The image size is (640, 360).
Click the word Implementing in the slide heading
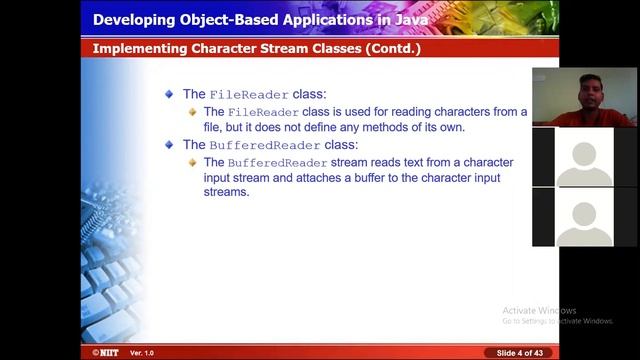tap(139, 48)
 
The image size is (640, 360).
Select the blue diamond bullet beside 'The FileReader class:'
tap(170, 94)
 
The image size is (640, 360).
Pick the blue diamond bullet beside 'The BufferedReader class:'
tap(170, 145)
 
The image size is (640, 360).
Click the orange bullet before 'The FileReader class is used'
tap(193, 112)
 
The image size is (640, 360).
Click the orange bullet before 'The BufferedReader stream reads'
tap(193, 162)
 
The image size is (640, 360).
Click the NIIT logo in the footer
tap(100, 353)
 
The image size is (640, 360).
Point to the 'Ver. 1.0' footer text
tap(142, 353)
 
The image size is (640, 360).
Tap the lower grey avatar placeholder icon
tap(584, 217)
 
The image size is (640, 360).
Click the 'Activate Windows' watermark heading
tap(540, 310)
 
